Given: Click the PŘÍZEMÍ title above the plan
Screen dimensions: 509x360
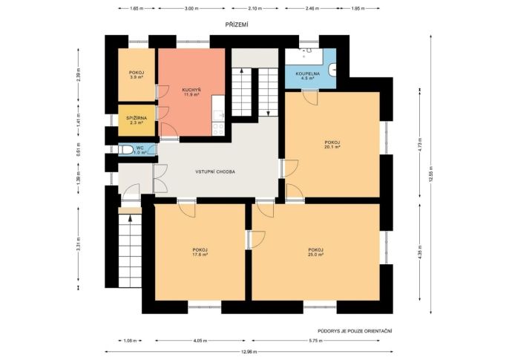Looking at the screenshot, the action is [x=237, y=24].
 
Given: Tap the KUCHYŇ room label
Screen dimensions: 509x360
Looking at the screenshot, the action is [x=191, y=90].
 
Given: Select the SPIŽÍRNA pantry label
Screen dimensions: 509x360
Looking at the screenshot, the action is [x=137, y=118].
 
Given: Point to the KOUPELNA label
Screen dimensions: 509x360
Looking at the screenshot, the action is [x=308, y=73].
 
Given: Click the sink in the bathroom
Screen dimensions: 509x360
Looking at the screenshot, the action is [x=332, y=70].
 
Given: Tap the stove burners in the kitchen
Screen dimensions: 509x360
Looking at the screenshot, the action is [x=218, y=129].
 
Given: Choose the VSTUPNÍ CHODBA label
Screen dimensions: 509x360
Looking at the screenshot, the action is [x=215, y=171].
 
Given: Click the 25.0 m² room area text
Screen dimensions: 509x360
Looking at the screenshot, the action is [x=316, y=255].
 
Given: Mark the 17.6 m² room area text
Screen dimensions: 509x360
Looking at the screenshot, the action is [x=200, y=255].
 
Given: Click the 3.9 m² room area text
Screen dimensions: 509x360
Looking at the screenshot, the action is [x=137, y=77].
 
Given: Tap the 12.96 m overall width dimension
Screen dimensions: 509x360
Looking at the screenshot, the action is [x=249, y=352].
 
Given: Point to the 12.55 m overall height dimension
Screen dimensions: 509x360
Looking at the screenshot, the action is [x=431, y=174].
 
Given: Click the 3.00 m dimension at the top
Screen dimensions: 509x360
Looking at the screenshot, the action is [x=191, y=8].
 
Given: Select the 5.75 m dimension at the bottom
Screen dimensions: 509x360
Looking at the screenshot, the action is [x=316, y=341].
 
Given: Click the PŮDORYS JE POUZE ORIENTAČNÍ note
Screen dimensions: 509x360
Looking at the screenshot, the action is [x=355, y=331].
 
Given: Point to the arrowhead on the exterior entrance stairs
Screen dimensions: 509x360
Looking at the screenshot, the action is [x=130, y=218].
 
